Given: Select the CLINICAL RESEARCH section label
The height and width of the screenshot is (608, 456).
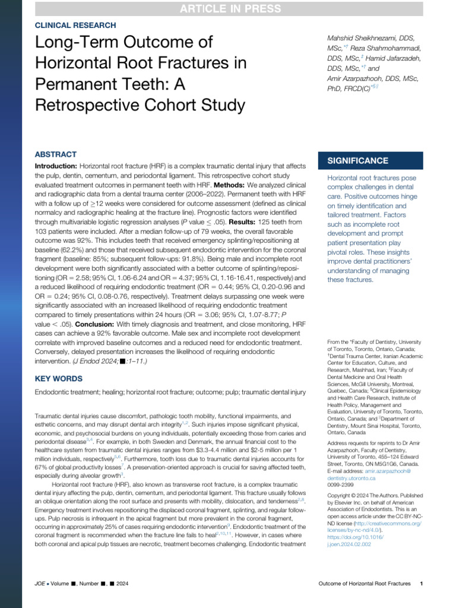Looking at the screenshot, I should (x=76, y=26).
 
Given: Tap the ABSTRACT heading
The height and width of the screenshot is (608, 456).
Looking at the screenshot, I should (x=56, y=154).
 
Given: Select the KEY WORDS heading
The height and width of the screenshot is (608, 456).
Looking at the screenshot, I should (x=59, y=379).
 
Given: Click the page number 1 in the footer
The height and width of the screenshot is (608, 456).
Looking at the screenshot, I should (x=421, y=584).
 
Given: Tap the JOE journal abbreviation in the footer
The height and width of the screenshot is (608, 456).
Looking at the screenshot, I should (x=41, y=584).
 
